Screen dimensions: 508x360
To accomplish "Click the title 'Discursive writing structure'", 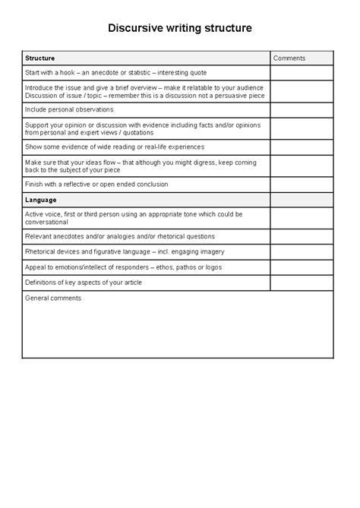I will point(179,28).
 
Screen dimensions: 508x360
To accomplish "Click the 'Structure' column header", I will point(40,58).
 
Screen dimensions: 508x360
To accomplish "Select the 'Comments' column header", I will point(289,58).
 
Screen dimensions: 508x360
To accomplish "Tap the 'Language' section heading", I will point(41,200).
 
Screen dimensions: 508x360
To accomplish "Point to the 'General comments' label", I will point(53,298).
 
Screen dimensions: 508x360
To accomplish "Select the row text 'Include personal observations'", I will point(69,109).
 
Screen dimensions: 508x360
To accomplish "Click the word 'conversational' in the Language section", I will point(46,222).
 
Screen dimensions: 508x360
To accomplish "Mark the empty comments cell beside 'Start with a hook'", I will point(302,73).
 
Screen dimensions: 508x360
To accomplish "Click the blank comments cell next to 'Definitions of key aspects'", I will point(302,282).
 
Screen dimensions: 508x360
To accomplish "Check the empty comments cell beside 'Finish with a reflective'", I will point(302,185).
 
